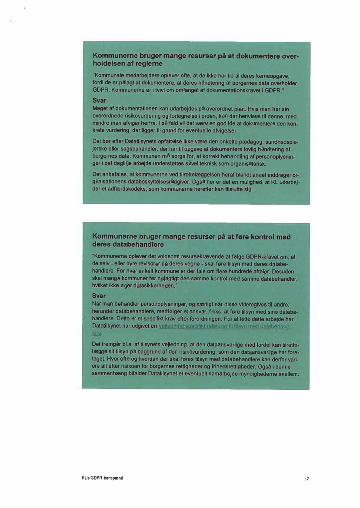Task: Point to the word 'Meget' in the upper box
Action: tap(100, 108)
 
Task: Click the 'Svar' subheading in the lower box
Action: tap(100, 295)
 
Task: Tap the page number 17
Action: tap(307, 479)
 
